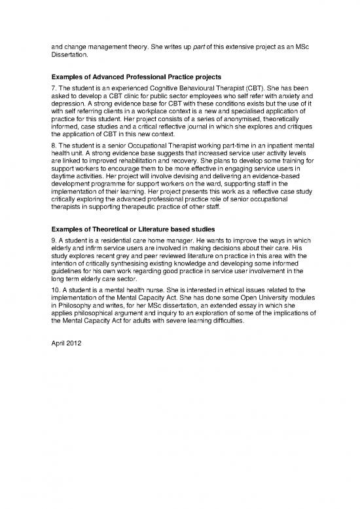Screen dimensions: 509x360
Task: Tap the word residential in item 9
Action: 109,241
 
